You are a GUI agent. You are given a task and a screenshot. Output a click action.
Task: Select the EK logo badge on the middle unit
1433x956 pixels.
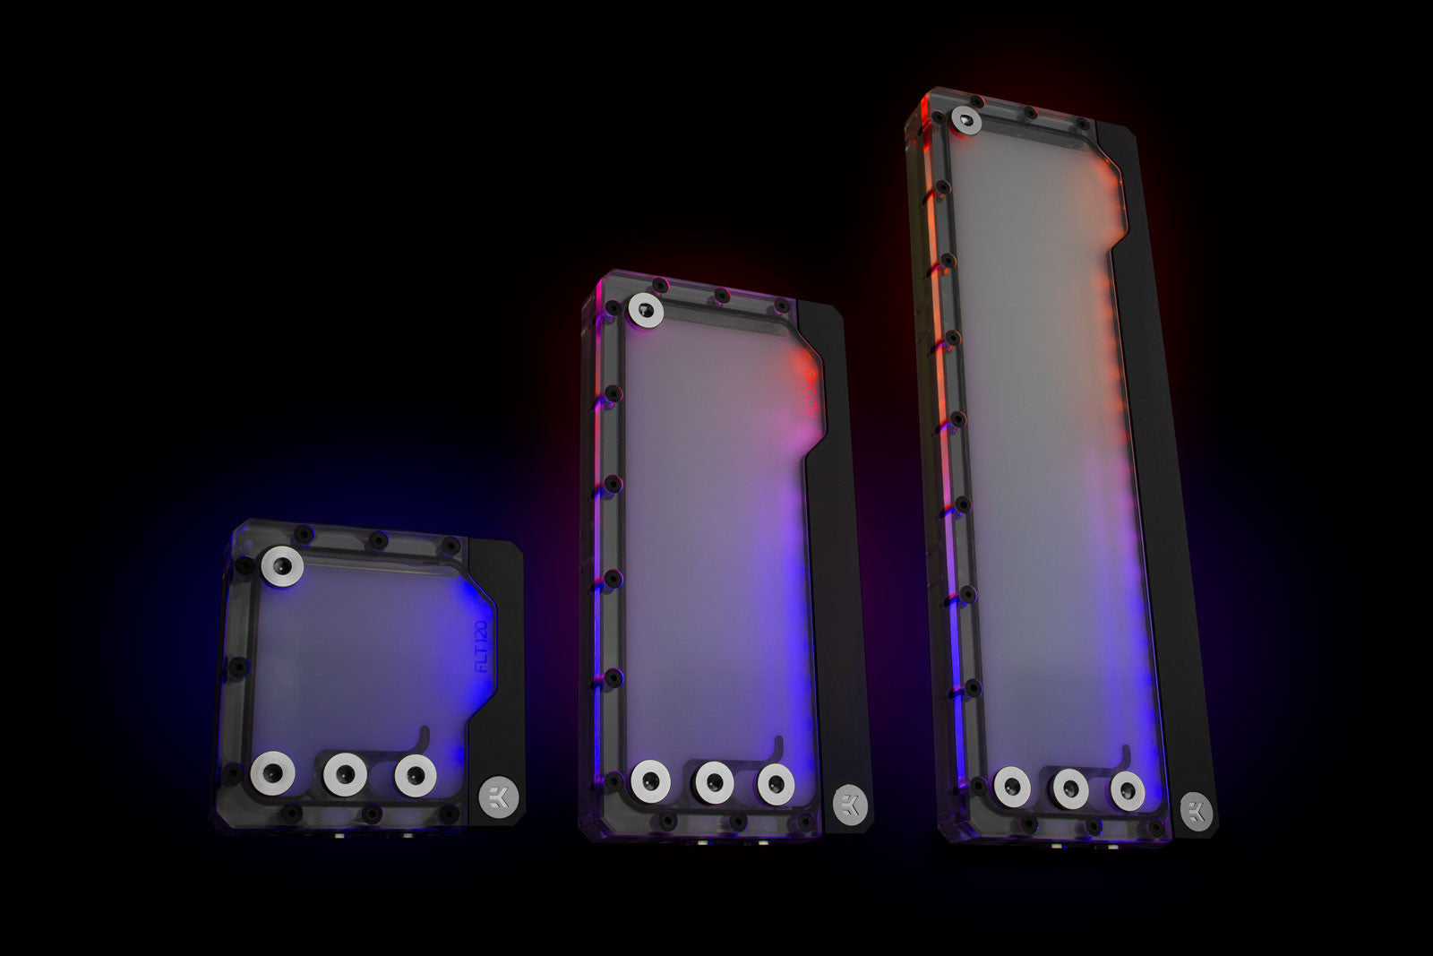pyautogui.click(x=845, y=804)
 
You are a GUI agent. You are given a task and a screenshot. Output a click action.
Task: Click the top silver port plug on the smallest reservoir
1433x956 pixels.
pyautogui.click(x=283, y=566)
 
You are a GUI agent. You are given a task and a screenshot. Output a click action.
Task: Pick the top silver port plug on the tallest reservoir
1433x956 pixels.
pyautogui.click(x=965, y=121)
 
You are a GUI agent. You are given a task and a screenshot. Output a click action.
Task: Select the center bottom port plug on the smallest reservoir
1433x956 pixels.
pyautogui.click(x=345, y=775)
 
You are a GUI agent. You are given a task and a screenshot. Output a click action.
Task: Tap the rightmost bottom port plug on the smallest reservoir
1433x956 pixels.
pyautogui.click(x=415, y=774)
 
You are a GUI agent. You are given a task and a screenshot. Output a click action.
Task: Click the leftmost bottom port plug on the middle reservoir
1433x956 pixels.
pyautogui.click(x=649, y=781)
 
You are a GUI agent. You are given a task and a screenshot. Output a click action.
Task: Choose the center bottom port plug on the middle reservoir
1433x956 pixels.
pyautogui.click(x=715, y=782)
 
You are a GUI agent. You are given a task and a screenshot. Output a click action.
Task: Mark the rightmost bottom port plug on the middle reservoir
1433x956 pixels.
pyautogui.click(x=776, y=783)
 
